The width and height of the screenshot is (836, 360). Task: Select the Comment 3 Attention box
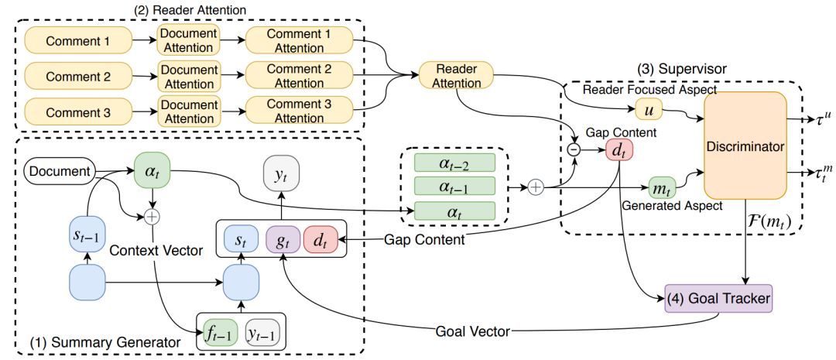pyautogui.click(x=300, y=112)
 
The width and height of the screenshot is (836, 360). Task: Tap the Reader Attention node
pyautogui.click(x=455, y=76)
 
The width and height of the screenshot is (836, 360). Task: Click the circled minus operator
pyautogui.click(x=574, y=150)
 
